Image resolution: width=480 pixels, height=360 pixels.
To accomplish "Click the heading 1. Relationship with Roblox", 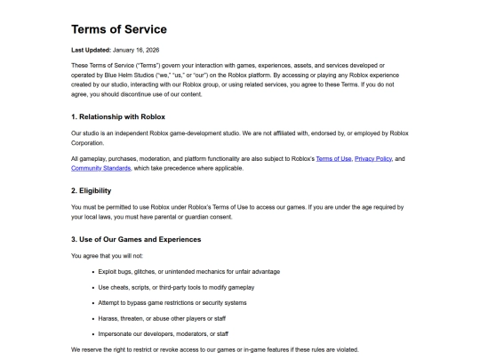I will point(129,116).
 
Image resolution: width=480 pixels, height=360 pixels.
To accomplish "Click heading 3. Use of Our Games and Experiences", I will point(148,239).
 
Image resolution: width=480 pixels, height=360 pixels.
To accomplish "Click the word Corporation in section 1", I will point(87,142).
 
